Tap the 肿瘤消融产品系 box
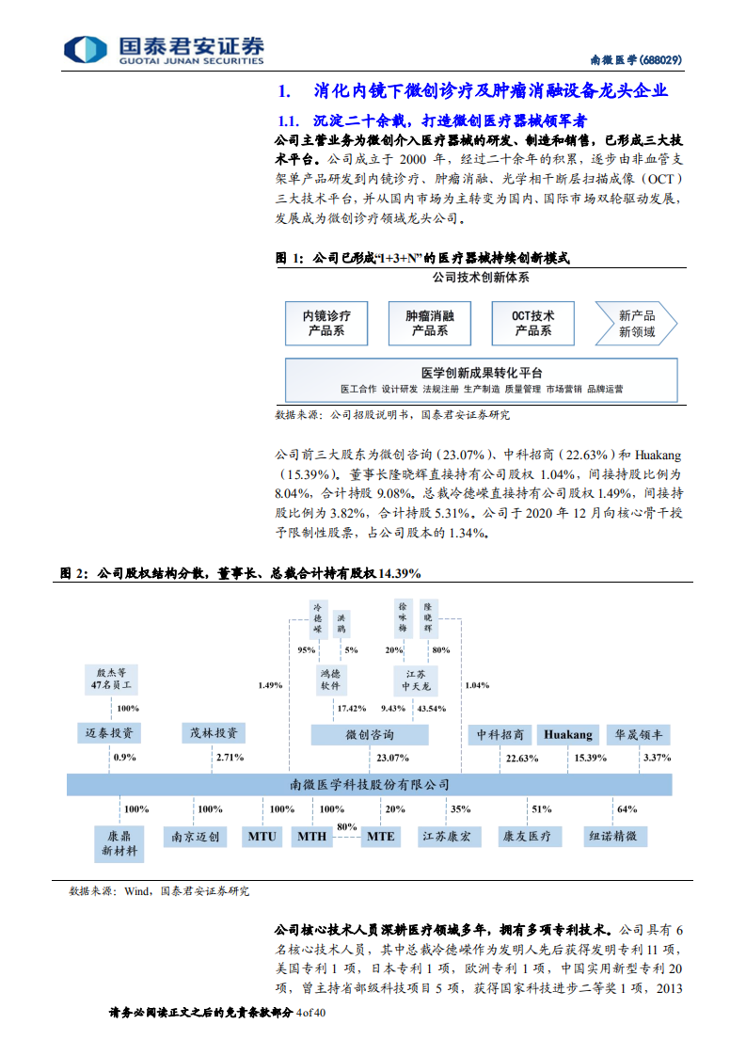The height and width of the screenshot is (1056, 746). click(x=429, y=323)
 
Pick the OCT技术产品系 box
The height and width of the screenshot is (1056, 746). click(x=532, y=323)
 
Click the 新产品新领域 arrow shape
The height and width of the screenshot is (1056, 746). click(x=636, y=323)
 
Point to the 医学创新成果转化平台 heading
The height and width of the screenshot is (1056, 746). click(x=481, y=373)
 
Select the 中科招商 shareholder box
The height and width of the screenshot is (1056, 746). click(x=500, y=734)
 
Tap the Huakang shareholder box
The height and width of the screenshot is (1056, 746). click(x=568, y=734)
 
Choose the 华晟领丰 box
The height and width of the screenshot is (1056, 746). click(x=638, y=734)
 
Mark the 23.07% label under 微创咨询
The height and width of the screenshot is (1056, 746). click(x=392, y=757)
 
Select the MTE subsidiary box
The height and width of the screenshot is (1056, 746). click(x=381, y=836)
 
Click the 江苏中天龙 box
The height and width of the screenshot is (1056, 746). click(x=416, y=680)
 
